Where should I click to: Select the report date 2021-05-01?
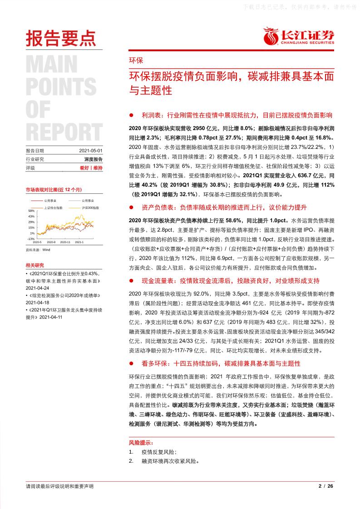(91, 151)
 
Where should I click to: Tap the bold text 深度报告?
(94, 159)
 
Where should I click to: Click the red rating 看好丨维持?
(91, 168)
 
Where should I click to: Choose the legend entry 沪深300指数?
(91, 207)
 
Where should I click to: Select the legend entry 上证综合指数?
(53, 207)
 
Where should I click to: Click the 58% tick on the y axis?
(31, 211)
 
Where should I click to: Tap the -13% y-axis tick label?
(31, 239)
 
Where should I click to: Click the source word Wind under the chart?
(46, 250)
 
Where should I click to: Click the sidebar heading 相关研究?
(35, 265)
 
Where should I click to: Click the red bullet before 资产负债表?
(132, 207)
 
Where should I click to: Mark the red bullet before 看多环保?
(132, 363)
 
